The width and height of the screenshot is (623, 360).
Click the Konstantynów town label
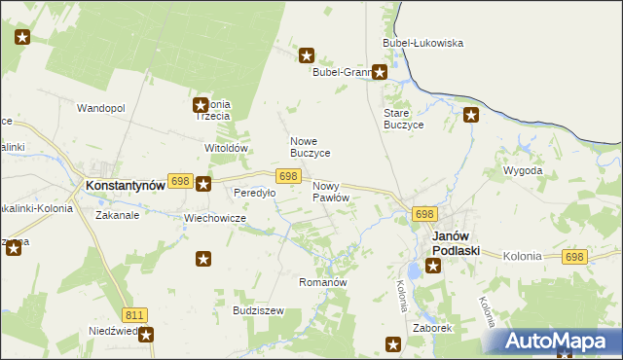coord(123,185)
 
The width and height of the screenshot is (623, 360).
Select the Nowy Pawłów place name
coord(330,192)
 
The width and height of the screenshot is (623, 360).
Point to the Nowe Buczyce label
coord(311,147)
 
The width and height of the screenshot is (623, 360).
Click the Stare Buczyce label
coord(403,119)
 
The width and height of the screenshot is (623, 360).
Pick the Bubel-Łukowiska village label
coord(422,43)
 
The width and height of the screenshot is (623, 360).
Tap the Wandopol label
coord(101,108)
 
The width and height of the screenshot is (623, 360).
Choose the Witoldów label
coord(227,148)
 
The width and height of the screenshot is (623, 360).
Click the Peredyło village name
coord(254,193)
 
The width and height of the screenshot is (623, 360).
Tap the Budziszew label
coord(258,310)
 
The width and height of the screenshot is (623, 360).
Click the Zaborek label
coord(432,328)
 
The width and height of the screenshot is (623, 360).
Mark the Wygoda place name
coord(522,170)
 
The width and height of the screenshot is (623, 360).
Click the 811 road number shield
coord(134,314)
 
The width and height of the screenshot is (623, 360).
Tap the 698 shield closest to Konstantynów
coord(179,181)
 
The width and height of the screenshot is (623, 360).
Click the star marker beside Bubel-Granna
coord(380,71)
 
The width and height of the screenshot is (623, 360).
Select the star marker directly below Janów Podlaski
coord(433,263)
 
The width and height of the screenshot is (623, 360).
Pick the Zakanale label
coord(117,215)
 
